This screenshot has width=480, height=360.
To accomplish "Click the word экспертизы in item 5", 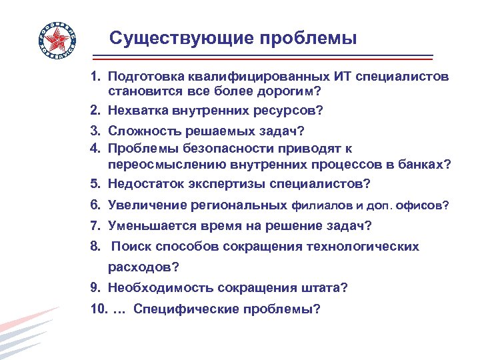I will point(223,183).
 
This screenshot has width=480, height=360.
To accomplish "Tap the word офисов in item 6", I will point(423,207).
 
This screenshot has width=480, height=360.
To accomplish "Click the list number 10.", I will point(98,309).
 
